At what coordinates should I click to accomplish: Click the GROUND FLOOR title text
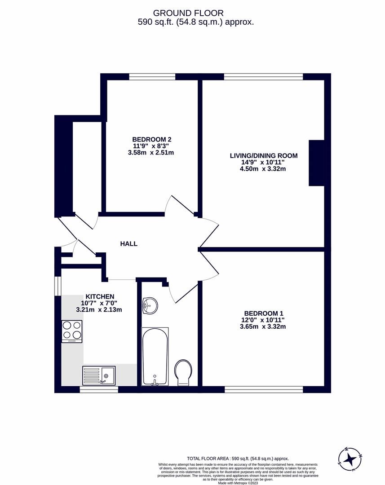click(x=188, y=13)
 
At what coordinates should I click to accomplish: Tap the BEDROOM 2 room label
click(x=151, y=139)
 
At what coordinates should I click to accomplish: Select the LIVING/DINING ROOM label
click(x=263, y=156)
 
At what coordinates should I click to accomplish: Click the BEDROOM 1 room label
click(x=264, y=313)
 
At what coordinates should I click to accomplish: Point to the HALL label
click(x=128, y=244)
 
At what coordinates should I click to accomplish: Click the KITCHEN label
click(x=100, y=296)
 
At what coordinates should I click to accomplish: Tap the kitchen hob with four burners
click(x=72, y=331)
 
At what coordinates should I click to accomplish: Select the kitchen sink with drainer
click(x=99, y=375)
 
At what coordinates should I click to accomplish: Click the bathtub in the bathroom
click(x=155, y=356)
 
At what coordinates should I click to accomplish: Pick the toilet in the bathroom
click(x=184, y=372)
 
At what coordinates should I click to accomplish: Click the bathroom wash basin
click(x=149, y=306)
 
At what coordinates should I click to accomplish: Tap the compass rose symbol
click(x=350, y=459)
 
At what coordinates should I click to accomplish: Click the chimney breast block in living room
click(x=316, y=163)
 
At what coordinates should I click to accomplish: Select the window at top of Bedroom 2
click(x=152, y=77)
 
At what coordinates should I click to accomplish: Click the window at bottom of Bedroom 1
click(x=263, y=389)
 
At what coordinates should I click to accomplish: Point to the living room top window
click(x=263, y=77)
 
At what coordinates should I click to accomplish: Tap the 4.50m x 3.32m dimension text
click(x=263, y=169)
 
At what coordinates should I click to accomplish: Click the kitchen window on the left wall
click(x=58, y=286)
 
